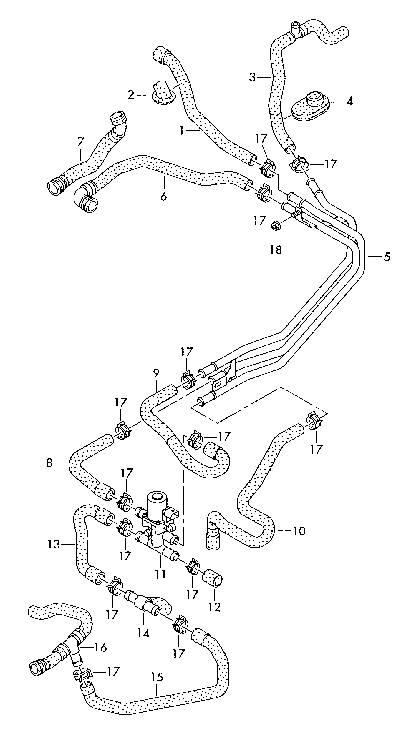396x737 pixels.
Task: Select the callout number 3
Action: click(x=252, y=77)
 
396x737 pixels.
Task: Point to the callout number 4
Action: click(x=349, y=102)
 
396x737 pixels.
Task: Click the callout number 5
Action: click(x=387, y=257)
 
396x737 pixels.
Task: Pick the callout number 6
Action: click(x=164, y=196)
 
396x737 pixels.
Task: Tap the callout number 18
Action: click(x=276, y=249)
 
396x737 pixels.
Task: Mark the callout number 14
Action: click(x=144, y=632)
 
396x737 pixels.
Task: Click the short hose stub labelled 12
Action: click(x=212, y=578)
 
